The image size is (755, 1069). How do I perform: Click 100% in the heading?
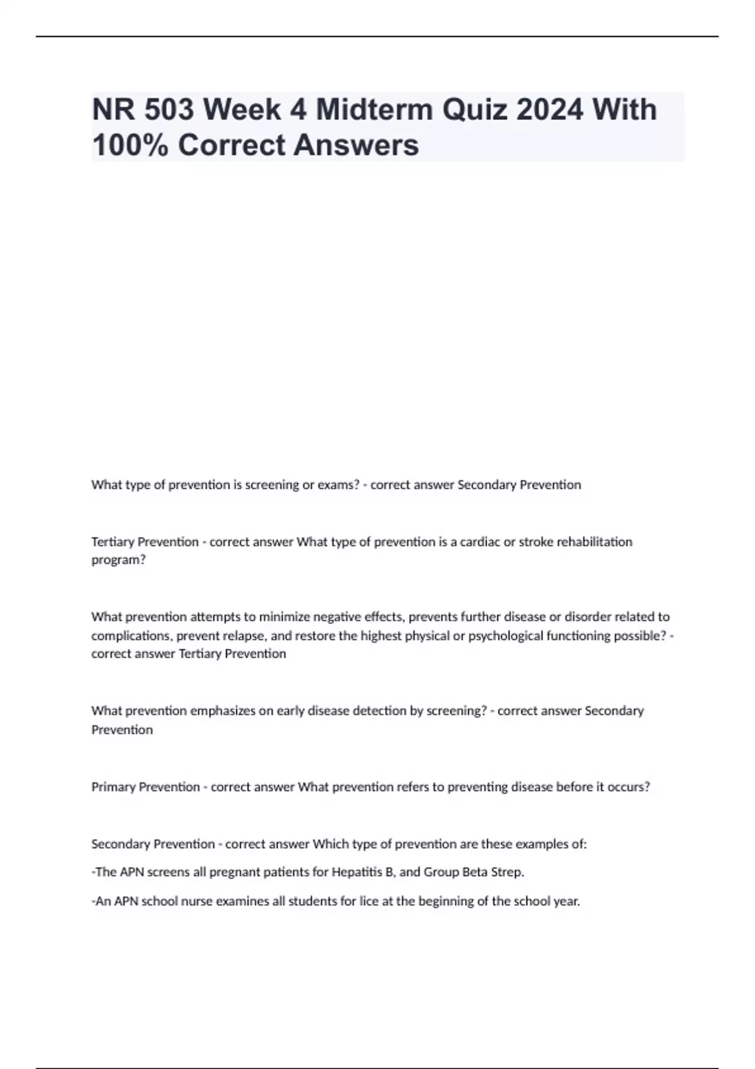click(130, 145)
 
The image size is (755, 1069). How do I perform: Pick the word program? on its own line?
click(118, 560)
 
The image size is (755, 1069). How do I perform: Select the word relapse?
click(244, 636)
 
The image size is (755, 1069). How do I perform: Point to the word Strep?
click(506, 873)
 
